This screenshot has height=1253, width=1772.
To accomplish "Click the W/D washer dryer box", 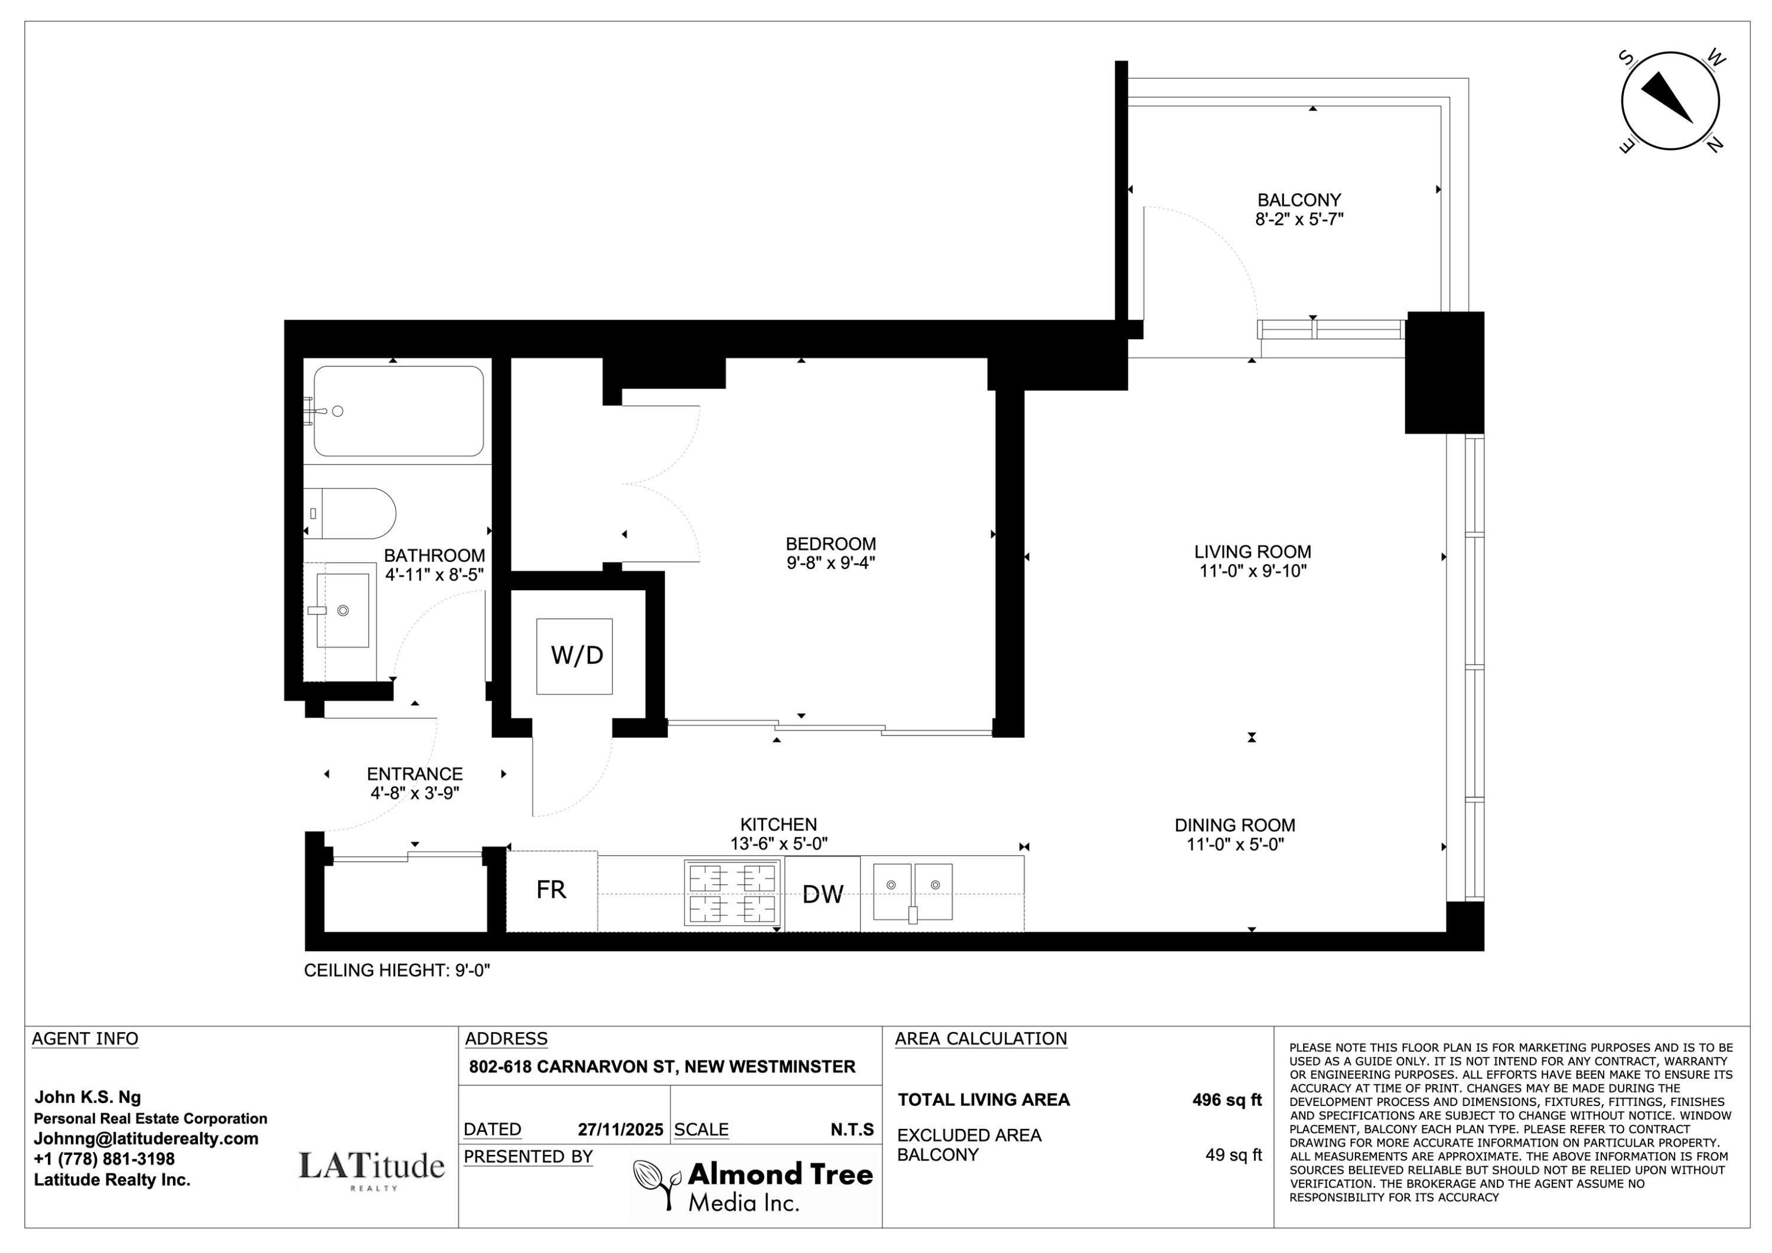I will (574, 656).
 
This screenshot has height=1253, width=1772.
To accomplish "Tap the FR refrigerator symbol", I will (551, 890).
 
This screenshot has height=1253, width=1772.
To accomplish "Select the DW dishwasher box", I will (822, 894).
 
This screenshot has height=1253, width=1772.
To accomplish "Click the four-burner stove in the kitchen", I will (732, 894).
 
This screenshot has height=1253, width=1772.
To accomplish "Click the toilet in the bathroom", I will (351, 513).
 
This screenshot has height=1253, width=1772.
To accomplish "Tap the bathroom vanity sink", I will (343, 610).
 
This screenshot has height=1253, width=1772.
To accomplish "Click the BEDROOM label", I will (830, 543).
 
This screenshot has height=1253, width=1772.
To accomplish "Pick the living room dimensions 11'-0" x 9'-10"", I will (1252, 571).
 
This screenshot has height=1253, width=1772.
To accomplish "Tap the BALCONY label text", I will (1299, 200).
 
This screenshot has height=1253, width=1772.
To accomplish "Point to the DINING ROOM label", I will (1234, 825).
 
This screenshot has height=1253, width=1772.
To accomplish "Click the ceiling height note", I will (397, 971).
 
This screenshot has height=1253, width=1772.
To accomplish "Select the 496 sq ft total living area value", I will (1226, 1100).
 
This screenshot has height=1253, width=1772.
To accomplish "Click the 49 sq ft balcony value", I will (1233, 1155).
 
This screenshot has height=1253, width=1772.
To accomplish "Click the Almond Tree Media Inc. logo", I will (753, 1185).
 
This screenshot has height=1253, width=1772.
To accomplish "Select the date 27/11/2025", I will (620, 1130).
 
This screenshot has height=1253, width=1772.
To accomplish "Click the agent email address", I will (146, 1139).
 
